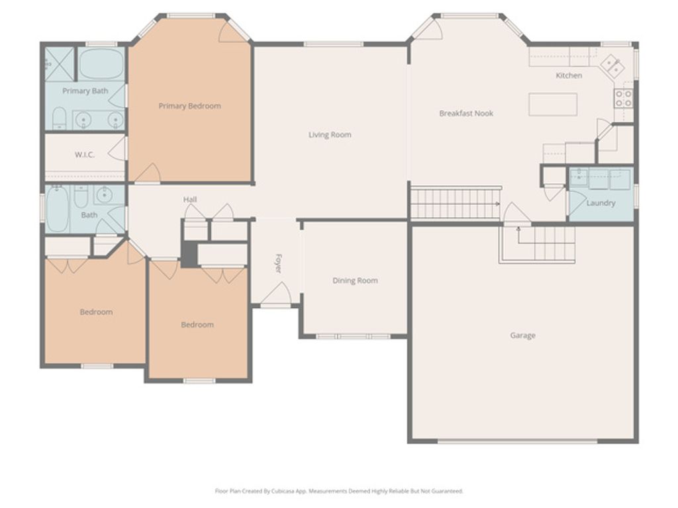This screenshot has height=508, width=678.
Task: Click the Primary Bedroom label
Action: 189,106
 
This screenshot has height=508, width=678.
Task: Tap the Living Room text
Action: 330,135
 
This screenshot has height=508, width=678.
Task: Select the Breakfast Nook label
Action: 466,114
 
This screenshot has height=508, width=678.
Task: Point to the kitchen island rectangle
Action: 553,105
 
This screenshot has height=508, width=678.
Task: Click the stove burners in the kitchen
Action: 623,99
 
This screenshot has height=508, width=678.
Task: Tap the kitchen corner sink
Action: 611,65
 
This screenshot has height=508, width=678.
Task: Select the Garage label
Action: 522,335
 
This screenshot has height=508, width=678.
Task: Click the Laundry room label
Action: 601,203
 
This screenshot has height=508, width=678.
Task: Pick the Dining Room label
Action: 355,280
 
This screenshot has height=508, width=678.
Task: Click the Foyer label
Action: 279,264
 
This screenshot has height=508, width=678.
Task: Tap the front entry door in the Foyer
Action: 275,296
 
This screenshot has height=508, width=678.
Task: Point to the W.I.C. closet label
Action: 84,155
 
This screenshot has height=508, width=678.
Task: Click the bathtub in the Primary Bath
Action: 101,64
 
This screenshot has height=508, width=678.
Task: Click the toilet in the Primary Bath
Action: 59,118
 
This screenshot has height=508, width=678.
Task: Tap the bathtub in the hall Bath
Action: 57,210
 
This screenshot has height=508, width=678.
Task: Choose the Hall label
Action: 190,200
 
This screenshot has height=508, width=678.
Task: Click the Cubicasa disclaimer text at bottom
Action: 339,491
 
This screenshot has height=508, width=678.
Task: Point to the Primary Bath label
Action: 85,91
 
